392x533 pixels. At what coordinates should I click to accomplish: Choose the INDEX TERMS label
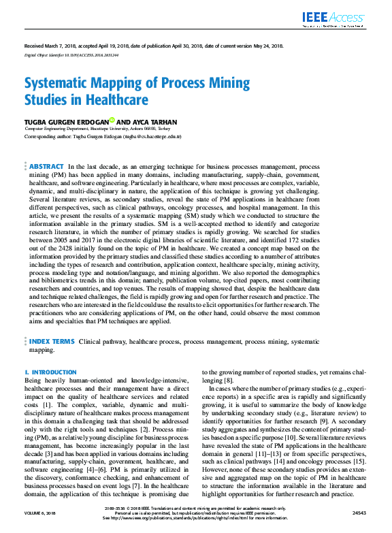52,342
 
